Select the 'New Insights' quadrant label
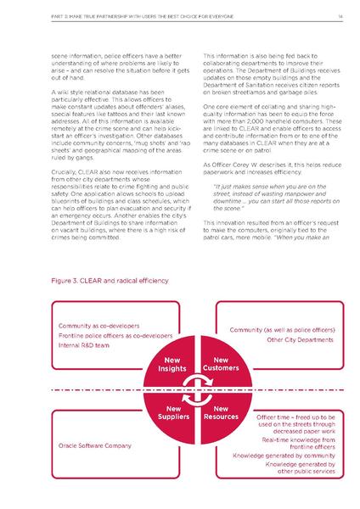(168, 367)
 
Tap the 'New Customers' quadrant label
(220, 367)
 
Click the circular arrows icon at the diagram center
(194, 389)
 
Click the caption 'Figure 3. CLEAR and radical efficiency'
(106, 278)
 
